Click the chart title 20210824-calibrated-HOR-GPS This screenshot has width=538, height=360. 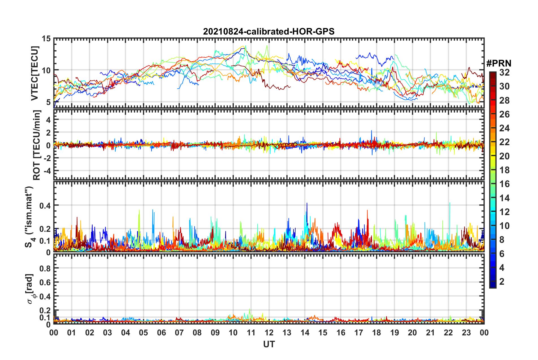coord(269,31)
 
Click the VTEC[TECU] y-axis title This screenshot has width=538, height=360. coord(35,73)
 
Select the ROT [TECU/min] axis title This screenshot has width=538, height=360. coord(37,145)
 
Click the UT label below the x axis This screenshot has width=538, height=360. coord(269,344)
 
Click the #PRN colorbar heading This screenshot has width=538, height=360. coord(499,63)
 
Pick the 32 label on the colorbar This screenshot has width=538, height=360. coord(504,72)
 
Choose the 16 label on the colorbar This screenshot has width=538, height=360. coord(504,184)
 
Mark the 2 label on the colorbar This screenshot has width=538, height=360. coord(502,281)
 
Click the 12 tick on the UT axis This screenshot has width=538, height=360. coord(269,333)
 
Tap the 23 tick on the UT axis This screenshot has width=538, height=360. coord(466,333)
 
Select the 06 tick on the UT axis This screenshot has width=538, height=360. coord(162,333)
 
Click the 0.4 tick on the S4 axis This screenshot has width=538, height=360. coord(45,205)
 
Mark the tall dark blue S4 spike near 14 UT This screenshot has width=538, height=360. coord(307,204)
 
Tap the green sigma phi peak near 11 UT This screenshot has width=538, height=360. coord(249,310)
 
